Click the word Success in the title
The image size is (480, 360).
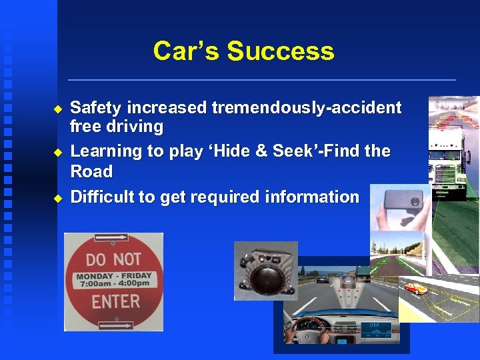[280, 51]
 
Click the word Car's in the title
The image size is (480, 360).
[186, 51]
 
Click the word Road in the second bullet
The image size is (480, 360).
[91, 171]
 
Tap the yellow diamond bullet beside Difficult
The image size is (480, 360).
[57, 197]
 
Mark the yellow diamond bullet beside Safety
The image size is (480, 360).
[57, 108]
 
